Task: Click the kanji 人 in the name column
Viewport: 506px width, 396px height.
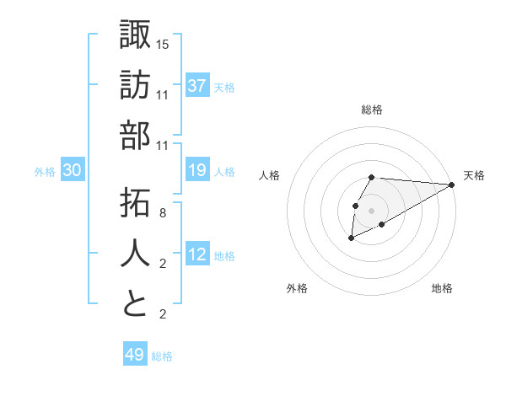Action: pos(135,253)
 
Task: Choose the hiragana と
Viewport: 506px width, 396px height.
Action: pos(135,303)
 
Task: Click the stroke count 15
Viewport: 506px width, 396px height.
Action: pos(163,44)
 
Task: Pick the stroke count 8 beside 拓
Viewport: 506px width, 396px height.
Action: pos(163,213)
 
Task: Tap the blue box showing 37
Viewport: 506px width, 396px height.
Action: pos(197,86)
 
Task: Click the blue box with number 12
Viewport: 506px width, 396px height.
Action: pos(197,255)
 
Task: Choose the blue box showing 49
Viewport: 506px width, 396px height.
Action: pos(135,355)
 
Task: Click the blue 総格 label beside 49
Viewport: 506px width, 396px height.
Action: pos(163,356)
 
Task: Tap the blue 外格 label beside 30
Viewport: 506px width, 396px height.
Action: pos(45,172)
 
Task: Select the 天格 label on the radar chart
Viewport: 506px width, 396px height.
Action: pos(474,175)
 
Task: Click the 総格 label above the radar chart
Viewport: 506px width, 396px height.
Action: pos(372,110)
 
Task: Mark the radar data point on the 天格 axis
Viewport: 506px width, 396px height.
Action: pos(451,184)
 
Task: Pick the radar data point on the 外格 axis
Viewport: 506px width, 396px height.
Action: pos(351,239)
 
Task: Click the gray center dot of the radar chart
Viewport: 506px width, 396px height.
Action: pos(372,210)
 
